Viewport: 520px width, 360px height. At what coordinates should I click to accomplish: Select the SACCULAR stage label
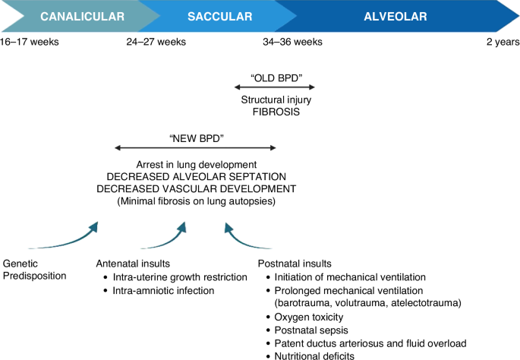tap(220, 16)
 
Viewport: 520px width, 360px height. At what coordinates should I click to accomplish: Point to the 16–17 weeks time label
tap(30, 41)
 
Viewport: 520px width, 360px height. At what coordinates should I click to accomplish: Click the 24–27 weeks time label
tap(156, 41)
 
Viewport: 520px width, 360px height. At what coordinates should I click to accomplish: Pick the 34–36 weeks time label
tap(292, 41)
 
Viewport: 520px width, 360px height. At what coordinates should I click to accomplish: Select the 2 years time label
tap(502, 41)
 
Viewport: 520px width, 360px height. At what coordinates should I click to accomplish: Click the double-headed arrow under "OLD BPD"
tap(276, 87)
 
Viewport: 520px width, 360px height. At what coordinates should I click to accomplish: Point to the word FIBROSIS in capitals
tap(276, 112)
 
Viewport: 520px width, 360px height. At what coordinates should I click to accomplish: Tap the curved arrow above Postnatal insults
tap(248, 237)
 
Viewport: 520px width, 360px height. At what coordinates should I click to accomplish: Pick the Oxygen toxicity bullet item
tap(309, 317)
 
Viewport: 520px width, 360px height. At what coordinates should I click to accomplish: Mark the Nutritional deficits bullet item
tap(314, 355)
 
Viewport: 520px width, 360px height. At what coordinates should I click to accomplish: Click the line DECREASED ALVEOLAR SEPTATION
tap(195, 176)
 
